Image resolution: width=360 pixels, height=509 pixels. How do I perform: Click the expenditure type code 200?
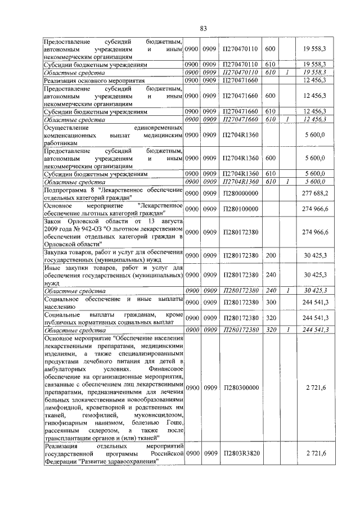click(x=269, y=255)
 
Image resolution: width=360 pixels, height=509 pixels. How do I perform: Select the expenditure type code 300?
click(x=269, y=303)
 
